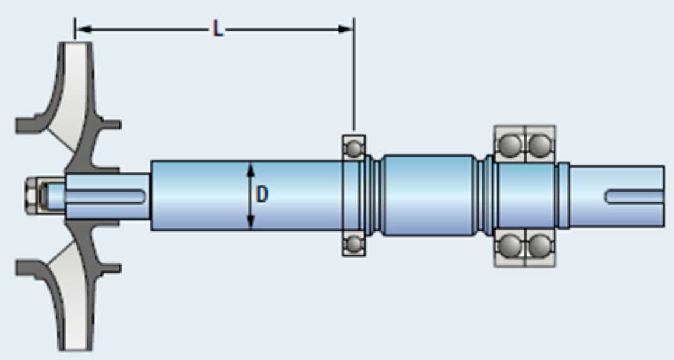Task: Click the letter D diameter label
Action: (262, 195)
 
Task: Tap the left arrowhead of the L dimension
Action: (81, 28)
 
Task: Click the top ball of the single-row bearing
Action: (354, 147)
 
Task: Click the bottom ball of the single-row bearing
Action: (354, 242)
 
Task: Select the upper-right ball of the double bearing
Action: (540, 145)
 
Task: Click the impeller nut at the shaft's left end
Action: (32, 194)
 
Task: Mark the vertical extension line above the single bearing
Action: (354, 81)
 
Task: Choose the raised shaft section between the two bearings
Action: (427, 195)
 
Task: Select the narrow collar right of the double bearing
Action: (564, 195)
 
